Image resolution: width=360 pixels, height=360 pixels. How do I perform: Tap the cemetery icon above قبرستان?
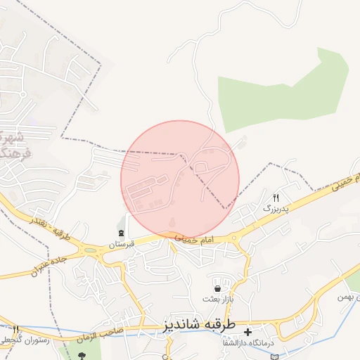point(121,233)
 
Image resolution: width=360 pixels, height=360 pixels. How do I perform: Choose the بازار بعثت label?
point(217,299)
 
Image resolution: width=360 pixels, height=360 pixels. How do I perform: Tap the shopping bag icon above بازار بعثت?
point(217,288)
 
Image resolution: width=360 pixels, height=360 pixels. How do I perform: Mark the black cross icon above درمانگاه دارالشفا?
point(247,330)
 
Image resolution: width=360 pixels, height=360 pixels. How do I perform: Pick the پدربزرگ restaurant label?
point(276,209)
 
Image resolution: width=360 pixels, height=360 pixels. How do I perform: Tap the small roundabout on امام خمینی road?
point(235,238)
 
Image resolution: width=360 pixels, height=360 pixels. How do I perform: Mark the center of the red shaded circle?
point(180,179)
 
